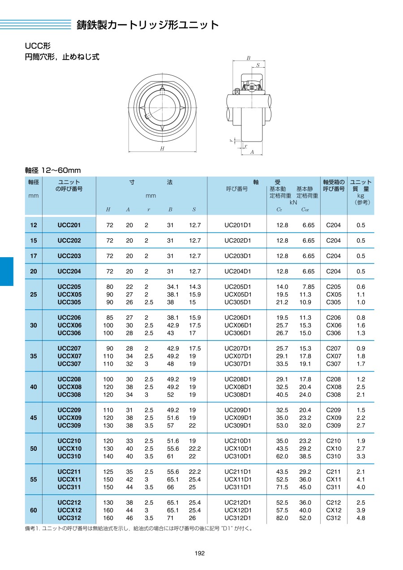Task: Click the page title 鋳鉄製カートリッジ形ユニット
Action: [x=148, y=25]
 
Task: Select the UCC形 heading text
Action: [x=38, y=46]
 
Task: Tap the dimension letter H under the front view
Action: [x=162, y=148]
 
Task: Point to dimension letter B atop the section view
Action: [x=249, y=58]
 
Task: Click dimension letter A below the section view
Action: [x=252, y=152]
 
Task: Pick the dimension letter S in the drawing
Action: [x=257, y=65]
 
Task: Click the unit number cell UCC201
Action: [x=69, y=225]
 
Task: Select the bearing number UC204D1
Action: [x=238, y=272]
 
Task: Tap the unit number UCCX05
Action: [x=69, y=295]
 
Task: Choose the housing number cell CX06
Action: [x=334, y=326]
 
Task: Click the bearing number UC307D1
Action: [x=238, y=364]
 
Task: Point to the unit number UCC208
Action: [x=69, y=380]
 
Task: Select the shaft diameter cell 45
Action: [x=34, y=418]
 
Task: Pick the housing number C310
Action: [x=334, y=457]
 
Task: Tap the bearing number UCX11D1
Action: [x=238, y=479]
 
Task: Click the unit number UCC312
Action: [x=69, y=518]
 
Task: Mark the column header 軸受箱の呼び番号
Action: [x=334, y=186]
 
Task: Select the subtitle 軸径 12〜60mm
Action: [x=53, y=170]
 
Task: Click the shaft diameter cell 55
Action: [x=34, y=479]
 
